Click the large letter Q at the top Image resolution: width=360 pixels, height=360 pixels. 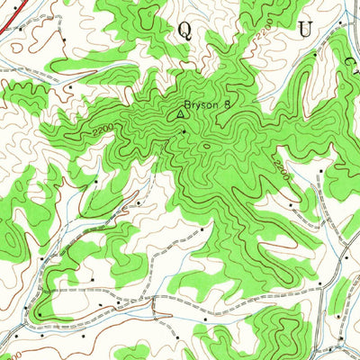coord(184,31)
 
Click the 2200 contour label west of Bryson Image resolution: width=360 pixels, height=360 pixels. coord(103,132)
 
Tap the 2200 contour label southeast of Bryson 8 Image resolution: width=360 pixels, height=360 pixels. coord(279,166)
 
